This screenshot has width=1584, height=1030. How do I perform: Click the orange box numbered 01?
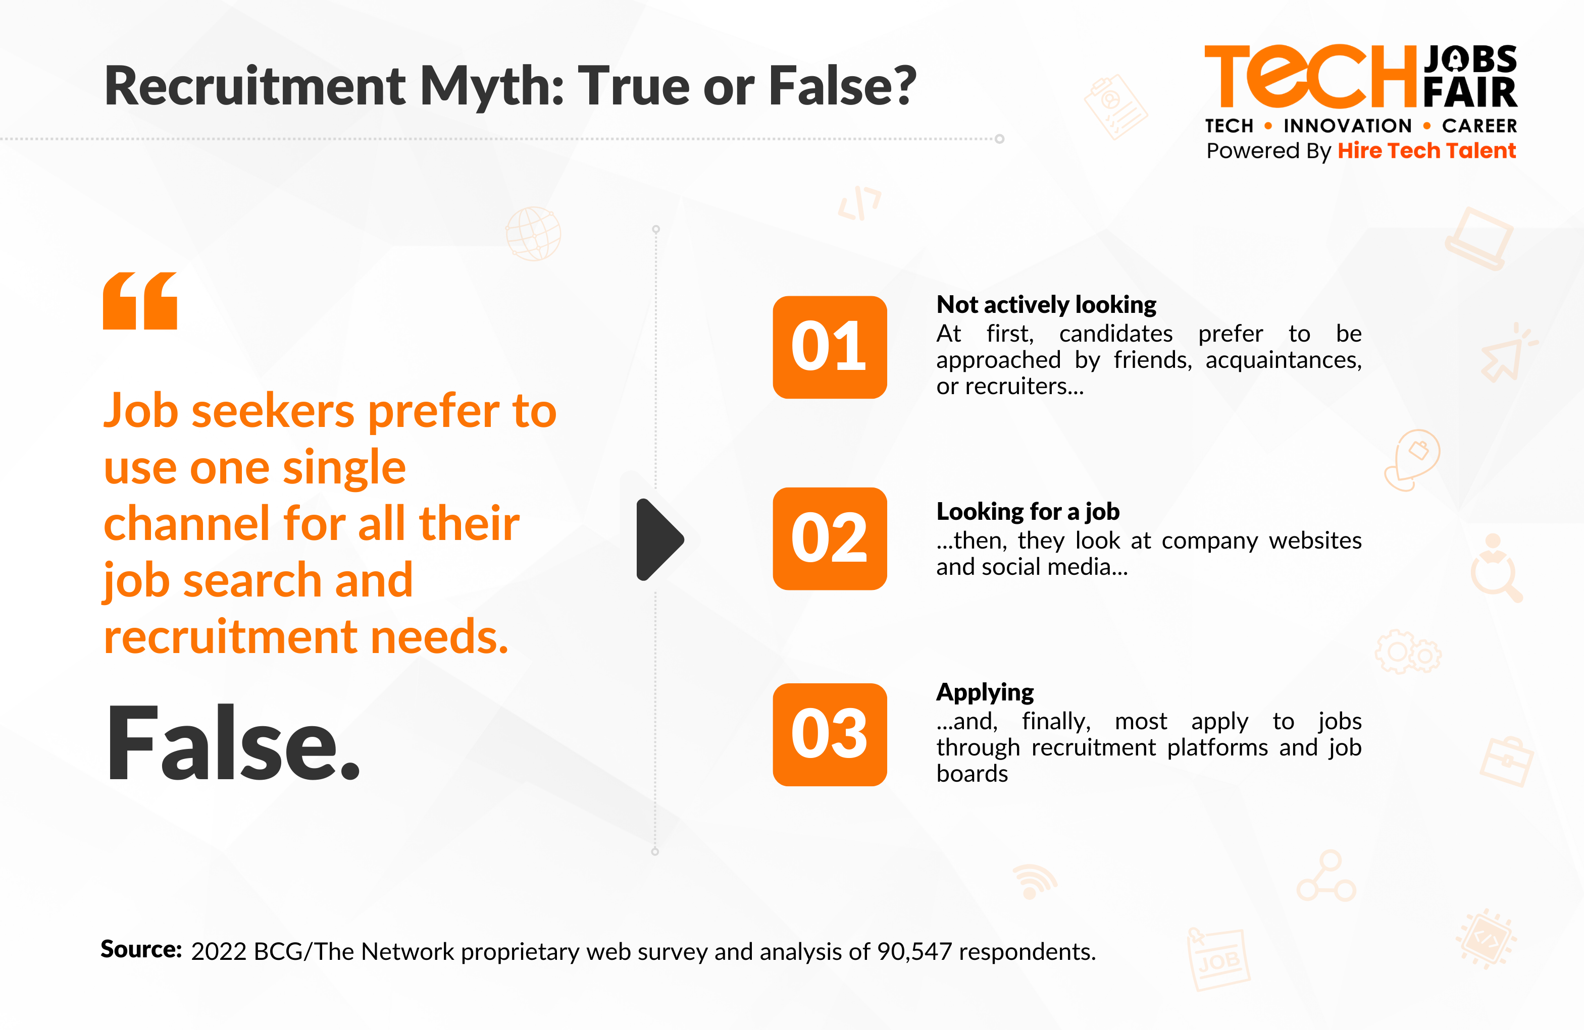click(829, 347)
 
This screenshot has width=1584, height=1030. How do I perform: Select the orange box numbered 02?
click(829, 538)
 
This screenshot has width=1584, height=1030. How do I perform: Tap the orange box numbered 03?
click(829, 735)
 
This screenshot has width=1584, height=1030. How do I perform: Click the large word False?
click(232, 742)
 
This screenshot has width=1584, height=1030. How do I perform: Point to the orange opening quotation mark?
click(140, 301)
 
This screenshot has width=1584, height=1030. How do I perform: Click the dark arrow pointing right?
click(659, 539)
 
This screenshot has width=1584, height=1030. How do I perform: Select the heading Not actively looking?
click(1046, 305)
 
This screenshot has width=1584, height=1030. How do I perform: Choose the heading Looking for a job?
click(1028, 511)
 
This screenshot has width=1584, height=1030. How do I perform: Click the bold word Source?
click(141, 949)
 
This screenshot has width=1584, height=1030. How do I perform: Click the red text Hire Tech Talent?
click(1427, 150)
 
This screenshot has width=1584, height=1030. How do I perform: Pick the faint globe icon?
click(533, 234)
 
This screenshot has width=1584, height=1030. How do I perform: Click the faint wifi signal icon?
click(1034, 882)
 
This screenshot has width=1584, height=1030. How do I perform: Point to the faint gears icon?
click(1408, 652)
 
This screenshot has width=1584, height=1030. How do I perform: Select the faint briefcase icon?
click(1507, 761)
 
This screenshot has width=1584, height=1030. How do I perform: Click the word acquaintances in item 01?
click(1283, 360)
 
